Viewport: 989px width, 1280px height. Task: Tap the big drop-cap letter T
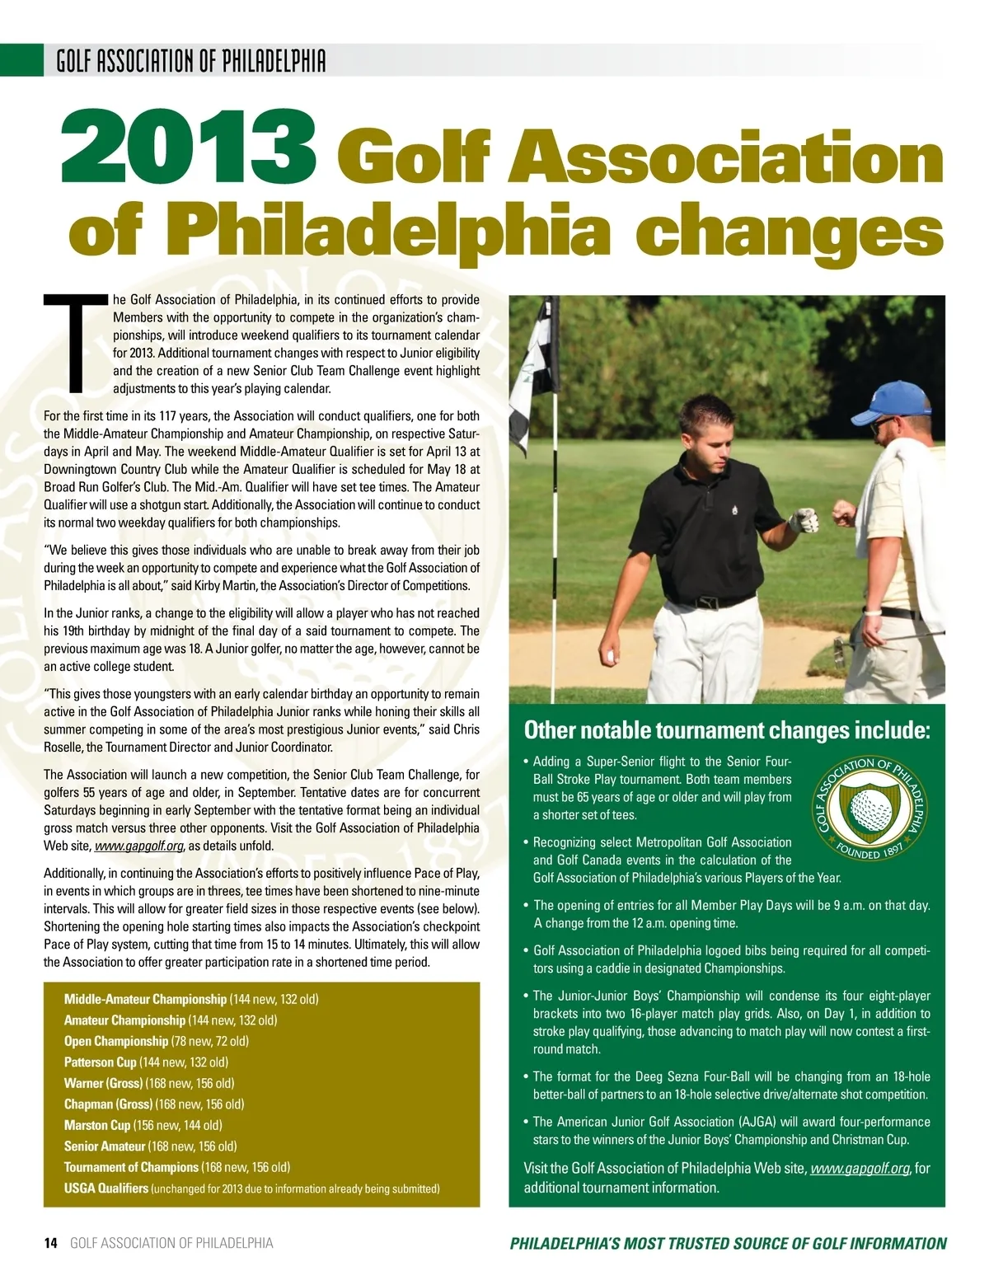[x=77, y=340]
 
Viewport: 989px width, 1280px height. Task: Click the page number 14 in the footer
[x=50, y=1242]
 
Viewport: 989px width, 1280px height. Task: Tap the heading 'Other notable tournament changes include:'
[x=727, y=730]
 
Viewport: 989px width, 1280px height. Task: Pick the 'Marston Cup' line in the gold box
[x=97, y=1124]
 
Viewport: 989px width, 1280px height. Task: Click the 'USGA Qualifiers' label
[x=106, y=1188]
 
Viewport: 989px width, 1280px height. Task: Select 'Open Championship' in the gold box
[x=116, y=1041]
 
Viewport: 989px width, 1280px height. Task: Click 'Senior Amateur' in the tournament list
[x=105, y=1146]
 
